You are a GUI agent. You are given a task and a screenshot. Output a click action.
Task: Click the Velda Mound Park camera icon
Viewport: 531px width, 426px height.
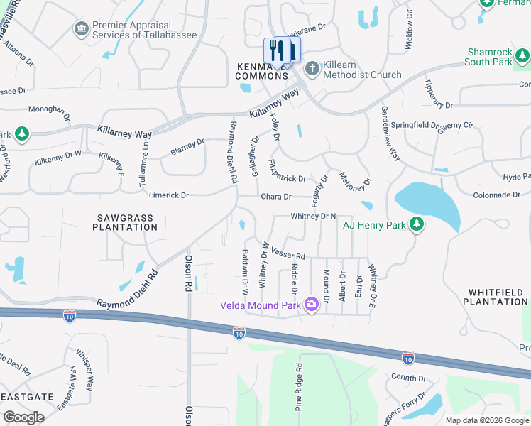[x=311, y=305]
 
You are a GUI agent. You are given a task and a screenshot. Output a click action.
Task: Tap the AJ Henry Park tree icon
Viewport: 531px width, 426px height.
[x=418, y=225]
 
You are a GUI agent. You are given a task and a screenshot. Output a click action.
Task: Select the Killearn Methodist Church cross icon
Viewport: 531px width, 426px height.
[x=312, y=68]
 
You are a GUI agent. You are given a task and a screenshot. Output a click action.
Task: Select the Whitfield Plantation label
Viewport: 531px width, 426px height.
[x=498, y=297]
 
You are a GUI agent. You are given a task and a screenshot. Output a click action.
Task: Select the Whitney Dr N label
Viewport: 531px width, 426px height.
[x=312, y=216]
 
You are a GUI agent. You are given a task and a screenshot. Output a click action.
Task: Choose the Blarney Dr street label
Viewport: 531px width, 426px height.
[x=187, y=147]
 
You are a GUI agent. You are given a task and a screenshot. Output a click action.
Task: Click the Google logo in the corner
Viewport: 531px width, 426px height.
[x=23, y=417]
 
